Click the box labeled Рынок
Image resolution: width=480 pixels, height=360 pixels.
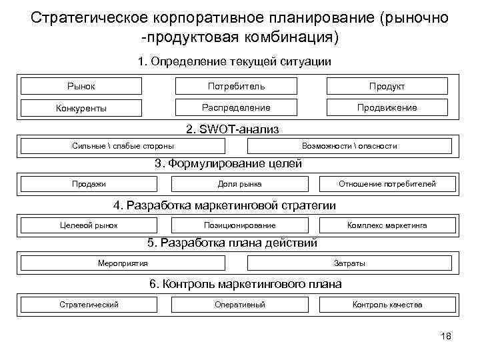click(81, 86)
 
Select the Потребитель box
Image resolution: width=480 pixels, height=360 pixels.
click(236, 86)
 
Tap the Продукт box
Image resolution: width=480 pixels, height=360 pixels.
click(387, 87)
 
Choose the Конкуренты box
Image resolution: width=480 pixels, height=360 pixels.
click(81, 108)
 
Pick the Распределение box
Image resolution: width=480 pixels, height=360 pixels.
click(236, 107)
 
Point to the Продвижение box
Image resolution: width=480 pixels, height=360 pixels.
click(387, 107)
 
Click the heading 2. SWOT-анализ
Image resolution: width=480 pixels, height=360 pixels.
click(231, 129)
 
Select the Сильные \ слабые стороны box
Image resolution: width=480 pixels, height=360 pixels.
click(123, 145)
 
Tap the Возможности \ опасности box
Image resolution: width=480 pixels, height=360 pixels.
click(349, 145)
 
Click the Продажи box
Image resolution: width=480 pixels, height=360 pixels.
click(89, 183)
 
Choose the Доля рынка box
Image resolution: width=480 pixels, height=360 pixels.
click(239, 183)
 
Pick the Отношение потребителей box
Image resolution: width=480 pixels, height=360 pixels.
click(387, 183)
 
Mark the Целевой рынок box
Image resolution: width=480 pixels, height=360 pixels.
click(89, 225)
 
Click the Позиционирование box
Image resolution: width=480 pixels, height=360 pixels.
click(239, 225)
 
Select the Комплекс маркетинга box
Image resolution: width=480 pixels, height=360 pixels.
click(387, 225)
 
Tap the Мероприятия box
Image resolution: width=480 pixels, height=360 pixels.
click(122, 263)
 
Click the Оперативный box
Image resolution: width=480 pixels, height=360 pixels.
click(239, 305)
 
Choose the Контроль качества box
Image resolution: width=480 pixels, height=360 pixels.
click(387, 305)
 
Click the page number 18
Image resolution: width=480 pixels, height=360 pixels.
click(446, 336)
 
